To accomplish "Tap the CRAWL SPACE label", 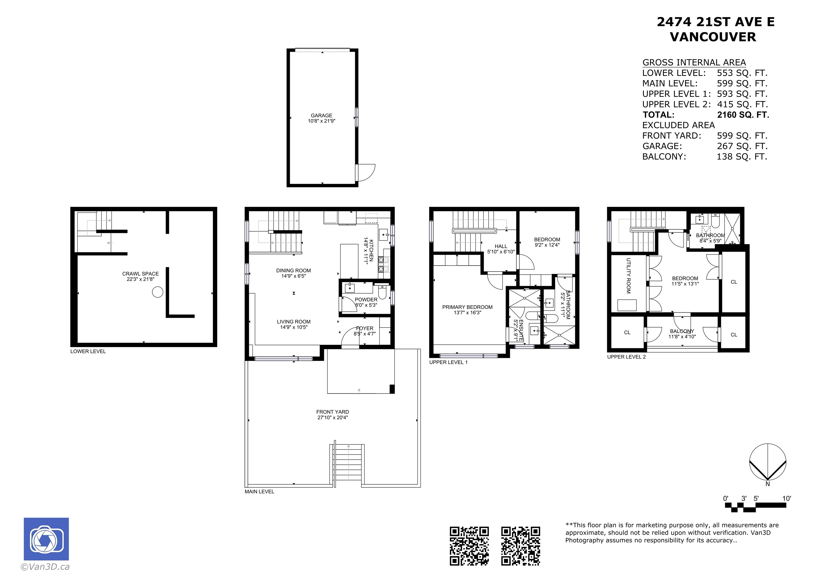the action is pyautogui.click(x=141, y=274).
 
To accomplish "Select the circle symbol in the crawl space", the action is pyautogui.click(x=158, y=292).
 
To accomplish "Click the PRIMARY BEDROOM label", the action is pyautogui.click(x=467, y=307).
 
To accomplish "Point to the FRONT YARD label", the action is pyautogui.click(x=333, y=412).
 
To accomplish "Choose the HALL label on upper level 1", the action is pyautogui.click(x=501, y=246).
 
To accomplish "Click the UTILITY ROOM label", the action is pyautogui.click(x=628, y=276).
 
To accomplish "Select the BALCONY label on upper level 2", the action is pyautogui.click(x=682, y=331).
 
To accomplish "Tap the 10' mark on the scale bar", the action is pyautogui.click(x=787, y=498).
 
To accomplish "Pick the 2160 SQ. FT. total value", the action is pyautogui.click(x=743, y=115).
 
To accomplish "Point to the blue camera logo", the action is pyautogui.click(x=46, y=539).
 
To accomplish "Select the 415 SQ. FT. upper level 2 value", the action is pyautogui.click(x=742, y=104).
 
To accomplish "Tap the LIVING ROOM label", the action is pyautogui.click(x=294, y=322).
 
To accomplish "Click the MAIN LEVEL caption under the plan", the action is pyautogui.click(x=259, y=492).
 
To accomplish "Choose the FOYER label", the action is pyautogui.click(x=365, y=329).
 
